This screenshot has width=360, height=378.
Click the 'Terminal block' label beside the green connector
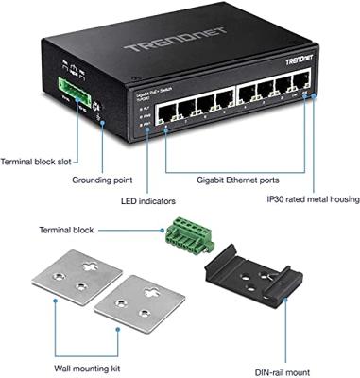[x=69, y=230]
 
